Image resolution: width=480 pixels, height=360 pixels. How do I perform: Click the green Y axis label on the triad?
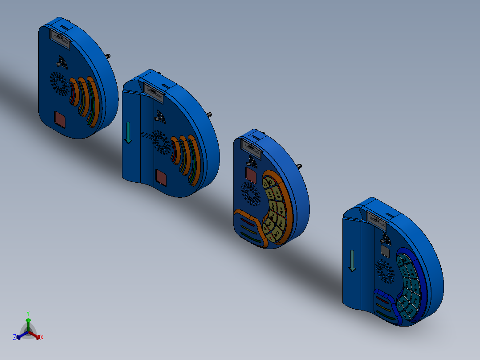click(28, 313)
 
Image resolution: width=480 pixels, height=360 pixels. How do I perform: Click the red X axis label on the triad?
click(42, 338)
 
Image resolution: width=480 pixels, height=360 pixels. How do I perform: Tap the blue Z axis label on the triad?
click(15, 338)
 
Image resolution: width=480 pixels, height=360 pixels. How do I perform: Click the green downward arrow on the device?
click(128, 133)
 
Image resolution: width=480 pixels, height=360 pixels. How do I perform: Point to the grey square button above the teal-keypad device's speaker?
click(385, 252)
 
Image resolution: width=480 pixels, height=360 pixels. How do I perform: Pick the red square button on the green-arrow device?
click(161, 178)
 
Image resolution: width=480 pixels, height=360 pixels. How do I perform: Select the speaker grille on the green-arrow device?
click(161, 142)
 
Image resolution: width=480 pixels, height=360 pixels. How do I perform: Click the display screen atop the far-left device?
click(60, 40)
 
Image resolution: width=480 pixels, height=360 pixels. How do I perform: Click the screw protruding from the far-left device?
click(108, 56)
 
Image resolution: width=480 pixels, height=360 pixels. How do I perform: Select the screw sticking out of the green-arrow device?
click(209, 115)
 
